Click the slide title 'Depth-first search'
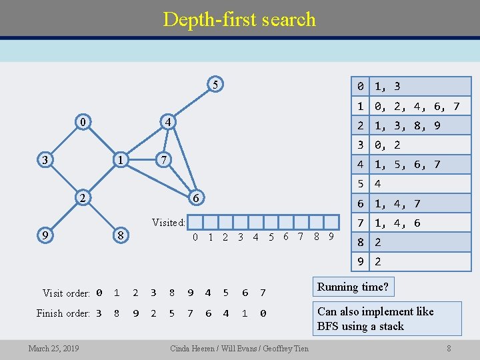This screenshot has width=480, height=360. click(239, 19)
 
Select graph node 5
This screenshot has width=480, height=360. click(214, 85)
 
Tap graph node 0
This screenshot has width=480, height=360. click(82, 123)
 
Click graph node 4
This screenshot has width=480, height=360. click(169, 123)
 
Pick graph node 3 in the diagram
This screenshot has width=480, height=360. click(45, 160)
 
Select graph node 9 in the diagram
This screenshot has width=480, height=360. click(45, 235)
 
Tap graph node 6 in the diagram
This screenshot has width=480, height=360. click(195, 198)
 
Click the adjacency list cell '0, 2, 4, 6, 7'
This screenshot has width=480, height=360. click(417, 106)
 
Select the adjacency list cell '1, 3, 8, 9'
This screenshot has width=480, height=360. click(407, 125)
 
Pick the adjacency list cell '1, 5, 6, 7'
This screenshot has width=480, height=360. click(407, 164)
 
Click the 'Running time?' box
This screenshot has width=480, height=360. click(353, 287)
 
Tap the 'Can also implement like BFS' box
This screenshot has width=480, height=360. click(387, 319)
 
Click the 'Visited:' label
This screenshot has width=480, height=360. click(168, 223)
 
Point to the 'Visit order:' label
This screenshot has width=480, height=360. click(66, 293)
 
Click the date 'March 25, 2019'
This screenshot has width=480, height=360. click(53, 349)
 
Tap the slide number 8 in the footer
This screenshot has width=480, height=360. click(449, 348)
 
